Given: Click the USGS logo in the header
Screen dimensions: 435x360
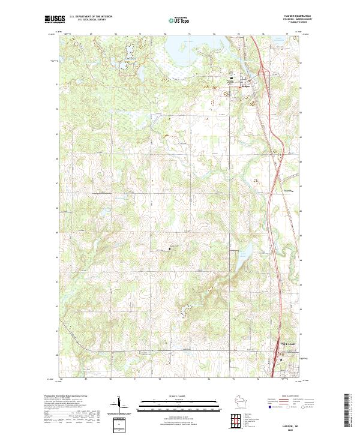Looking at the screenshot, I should [x=55, y=20].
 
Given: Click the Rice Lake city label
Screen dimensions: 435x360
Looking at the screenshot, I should [x=287, y=343].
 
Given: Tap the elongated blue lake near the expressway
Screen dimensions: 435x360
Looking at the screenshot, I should [x=242, y=254].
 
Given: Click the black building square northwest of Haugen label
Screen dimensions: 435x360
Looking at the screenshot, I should [x=231, y=80].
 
